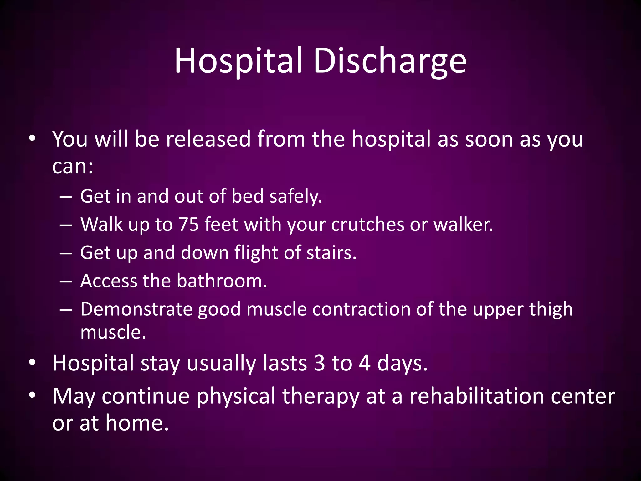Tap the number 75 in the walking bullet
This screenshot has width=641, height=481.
tap(189, 225)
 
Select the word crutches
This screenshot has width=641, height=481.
tap(368, 225)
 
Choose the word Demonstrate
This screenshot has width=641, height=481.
tap(136, 309)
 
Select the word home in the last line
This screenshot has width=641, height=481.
tap(137, 423)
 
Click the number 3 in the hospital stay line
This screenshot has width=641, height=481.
tap(319, 363)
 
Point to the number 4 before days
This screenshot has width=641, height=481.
tap(365, 363)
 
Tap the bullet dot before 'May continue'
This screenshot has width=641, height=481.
tap(32, 395)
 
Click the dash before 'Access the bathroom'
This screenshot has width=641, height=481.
tap(66, 281)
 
